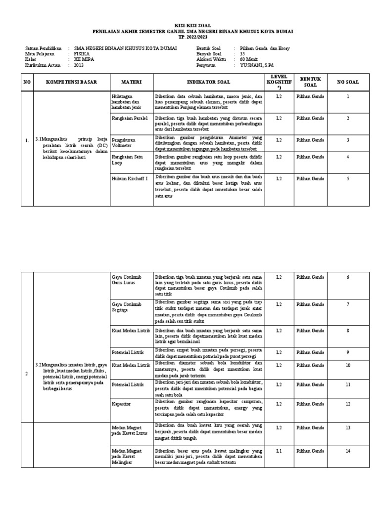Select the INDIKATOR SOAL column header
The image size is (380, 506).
click(x=209, y=82)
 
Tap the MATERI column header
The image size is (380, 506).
click(x=132, y=82)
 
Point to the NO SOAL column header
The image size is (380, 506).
click(x=348, y=82)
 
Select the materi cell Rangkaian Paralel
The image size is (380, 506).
click(x=130, y=118)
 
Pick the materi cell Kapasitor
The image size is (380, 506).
click(x=121, y=404)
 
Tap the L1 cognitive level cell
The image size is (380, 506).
click(x=279, y=450)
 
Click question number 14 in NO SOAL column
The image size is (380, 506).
click(x=348, y=450)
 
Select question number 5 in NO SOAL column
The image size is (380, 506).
click(x=348, y=178)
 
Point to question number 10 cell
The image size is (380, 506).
click(x=348, y=365)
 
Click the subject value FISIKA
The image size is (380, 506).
click(x=82, y=53)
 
